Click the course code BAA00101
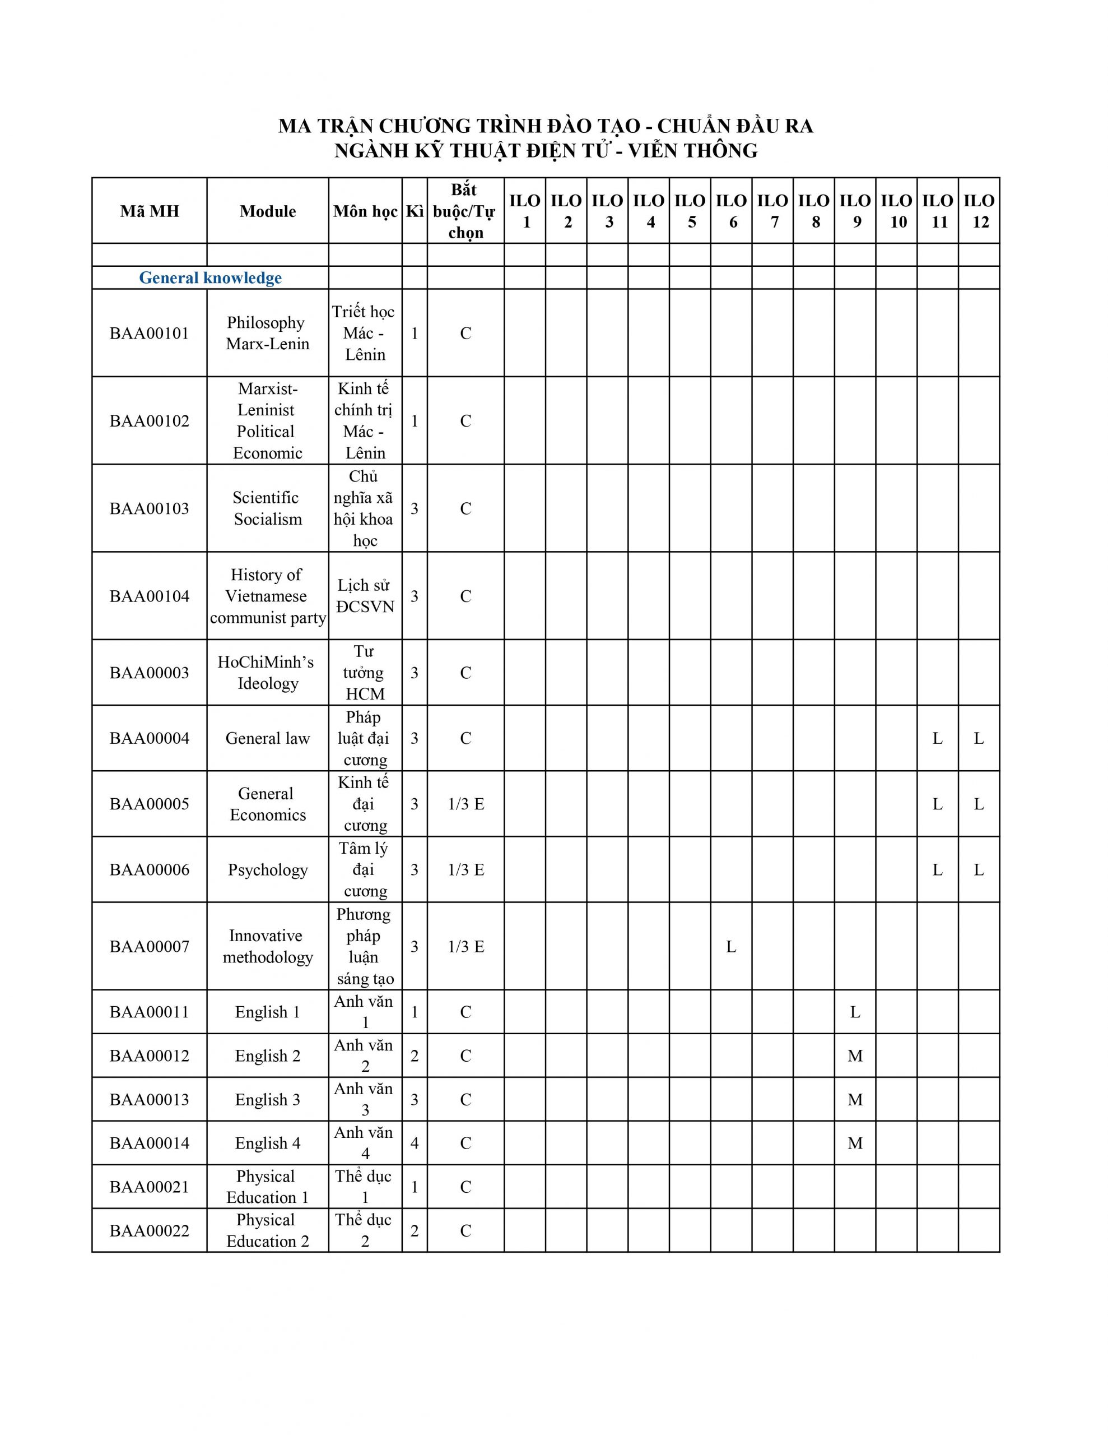149,333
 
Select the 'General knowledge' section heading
210,278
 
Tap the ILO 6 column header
731,211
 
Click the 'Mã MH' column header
149,211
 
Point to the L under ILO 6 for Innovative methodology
731,946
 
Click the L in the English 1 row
854,1012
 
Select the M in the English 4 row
854,1144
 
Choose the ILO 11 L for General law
937,739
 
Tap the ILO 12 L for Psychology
979,870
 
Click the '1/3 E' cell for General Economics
465,804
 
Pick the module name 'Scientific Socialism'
267,508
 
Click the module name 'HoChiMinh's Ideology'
267,672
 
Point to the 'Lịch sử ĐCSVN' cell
365,596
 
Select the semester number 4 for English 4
415,1144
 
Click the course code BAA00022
149,1230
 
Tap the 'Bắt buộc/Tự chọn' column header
465,211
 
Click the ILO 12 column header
979,211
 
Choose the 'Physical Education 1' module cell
267,1187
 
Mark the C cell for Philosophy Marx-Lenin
465,333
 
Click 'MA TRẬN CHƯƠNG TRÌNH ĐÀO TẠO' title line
545,126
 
